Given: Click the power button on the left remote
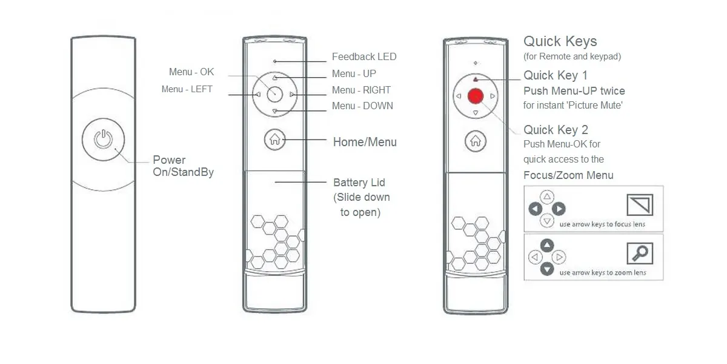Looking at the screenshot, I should (103, 140).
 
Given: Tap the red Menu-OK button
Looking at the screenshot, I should (475, 96).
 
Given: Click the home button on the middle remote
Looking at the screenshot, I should (274, 140).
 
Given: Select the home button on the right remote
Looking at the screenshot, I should (475, 141).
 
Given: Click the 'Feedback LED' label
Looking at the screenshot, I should (364, 57).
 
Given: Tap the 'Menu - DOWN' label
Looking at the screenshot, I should (362, 106).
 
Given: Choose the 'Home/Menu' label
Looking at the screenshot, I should (365, 142).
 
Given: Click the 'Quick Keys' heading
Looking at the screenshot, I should (560, 41).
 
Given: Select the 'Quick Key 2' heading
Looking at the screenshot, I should (556, 130).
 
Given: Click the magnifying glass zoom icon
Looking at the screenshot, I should (640, 253).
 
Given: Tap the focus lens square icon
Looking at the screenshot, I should (640, 205).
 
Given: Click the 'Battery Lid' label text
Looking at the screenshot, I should (359, 183).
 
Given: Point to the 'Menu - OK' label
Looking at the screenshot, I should (191, 72).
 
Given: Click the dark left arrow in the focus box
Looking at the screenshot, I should (535, 209).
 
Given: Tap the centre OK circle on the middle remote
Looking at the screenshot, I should (274, 95).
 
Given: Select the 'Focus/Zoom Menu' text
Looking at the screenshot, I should (568, 175).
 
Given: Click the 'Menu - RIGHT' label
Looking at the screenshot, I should (361, 90).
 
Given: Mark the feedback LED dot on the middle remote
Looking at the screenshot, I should (275, 61).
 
